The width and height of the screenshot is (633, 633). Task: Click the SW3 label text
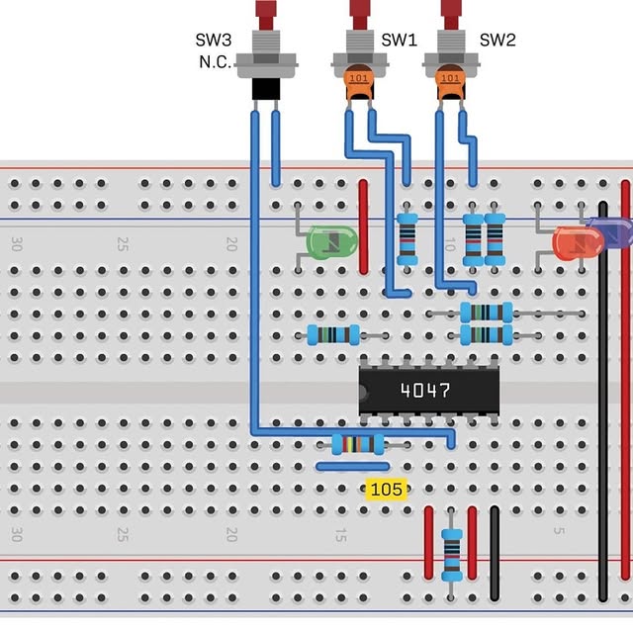[214, 42]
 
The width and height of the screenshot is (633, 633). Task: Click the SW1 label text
[399, 42]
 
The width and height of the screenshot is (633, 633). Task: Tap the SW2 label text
[497, 42]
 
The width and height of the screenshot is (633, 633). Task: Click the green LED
[331, 242]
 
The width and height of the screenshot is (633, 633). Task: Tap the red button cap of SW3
[265, 14]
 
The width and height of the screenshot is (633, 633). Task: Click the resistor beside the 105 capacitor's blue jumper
[358, 443]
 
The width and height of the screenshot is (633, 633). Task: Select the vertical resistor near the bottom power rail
[451, 554]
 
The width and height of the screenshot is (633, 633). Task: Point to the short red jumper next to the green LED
[363, 226]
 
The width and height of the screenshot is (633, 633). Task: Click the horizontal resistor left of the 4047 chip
[333, 334]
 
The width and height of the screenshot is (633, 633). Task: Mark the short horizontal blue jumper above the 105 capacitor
[352, 465]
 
